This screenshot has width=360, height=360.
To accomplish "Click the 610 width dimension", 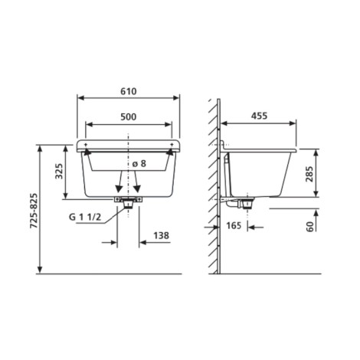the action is tap(129, 91).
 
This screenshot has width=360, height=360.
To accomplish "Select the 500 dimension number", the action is tap(129, 117).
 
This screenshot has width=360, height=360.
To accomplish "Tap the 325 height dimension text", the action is tap(59, 171).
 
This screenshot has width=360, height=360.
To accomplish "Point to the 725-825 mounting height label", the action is tap(34, 211).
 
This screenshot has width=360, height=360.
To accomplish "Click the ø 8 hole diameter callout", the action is tap(139, 163).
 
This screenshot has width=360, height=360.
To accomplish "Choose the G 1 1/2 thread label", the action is tap(85, 218).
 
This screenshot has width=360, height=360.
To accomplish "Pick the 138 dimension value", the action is tap(161, 235).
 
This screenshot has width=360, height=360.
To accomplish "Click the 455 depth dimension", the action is tap(259, 116).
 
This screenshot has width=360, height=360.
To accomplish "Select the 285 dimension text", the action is tap(309, 174).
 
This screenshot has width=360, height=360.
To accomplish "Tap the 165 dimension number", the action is tap(234, 226).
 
